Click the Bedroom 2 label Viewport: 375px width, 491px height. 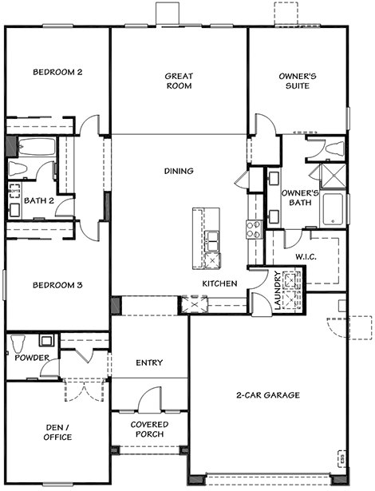(x=57, y=72)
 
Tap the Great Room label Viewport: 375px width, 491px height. (x=179, y=81)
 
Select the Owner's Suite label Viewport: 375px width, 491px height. (x=298, y=81)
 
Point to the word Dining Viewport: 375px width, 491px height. (x=179, y=171)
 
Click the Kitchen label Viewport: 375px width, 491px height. (x=219, y=283)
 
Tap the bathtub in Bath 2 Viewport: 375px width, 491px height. (x=37, y=147)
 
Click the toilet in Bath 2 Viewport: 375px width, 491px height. (x=18, y=169)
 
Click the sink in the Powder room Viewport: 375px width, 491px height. (x=46, y=340)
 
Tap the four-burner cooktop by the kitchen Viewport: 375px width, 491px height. (x=254, y=229)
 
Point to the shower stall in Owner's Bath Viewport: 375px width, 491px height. (x=334, y=176)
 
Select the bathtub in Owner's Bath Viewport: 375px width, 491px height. (x=333, y=209)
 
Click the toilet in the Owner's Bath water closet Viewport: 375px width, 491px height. (x=335, y=148)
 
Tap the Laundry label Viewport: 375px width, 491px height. (x=278, y=290)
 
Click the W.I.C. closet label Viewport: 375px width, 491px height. (x=306, y=257)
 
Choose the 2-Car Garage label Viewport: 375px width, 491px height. (x=268, y=395)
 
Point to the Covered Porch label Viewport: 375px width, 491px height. (x=150, y=430)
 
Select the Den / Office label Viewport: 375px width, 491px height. (x=57, y=432)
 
